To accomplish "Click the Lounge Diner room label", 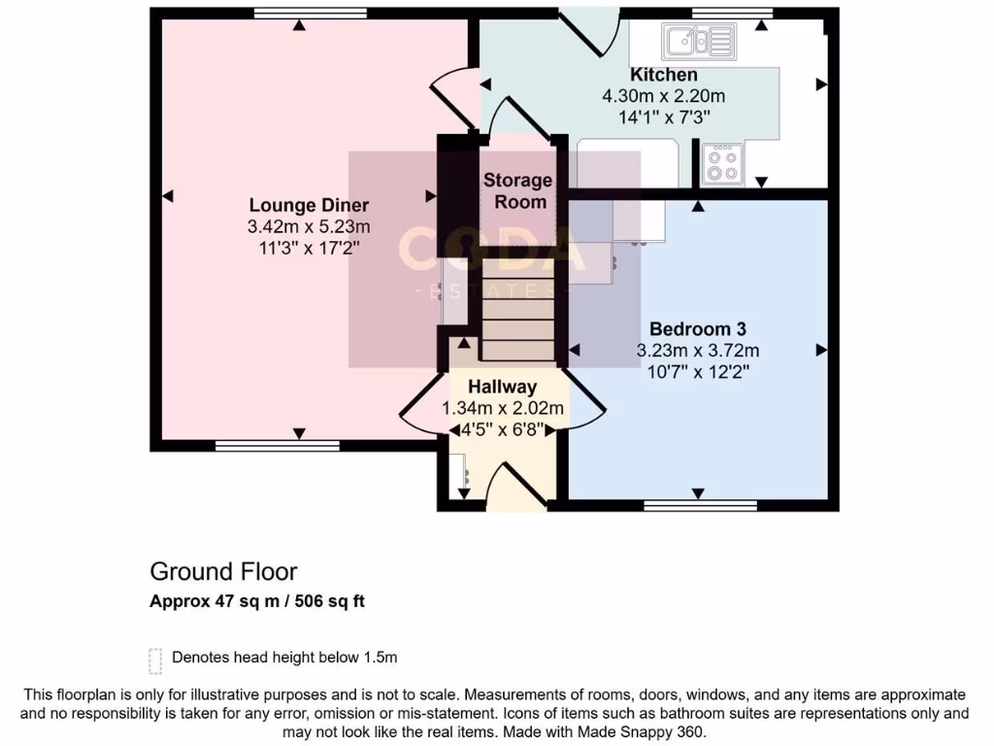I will coord(309,205).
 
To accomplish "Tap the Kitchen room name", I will coord(664,75).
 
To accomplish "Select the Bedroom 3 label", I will coord(697,328).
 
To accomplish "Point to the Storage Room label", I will coord(517,190).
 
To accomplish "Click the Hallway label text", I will coord(502,387).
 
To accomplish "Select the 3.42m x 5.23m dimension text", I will coord(309,227).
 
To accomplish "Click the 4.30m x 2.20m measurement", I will coord(664,96).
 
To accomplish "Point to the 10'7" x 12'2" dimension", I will coord(697,371).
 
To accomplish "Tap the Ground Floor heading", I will coord(223,571).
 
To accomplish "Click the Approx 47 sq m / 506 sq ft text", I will coord(257,601).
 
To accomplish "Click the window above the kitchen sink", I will coord(732,13).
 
